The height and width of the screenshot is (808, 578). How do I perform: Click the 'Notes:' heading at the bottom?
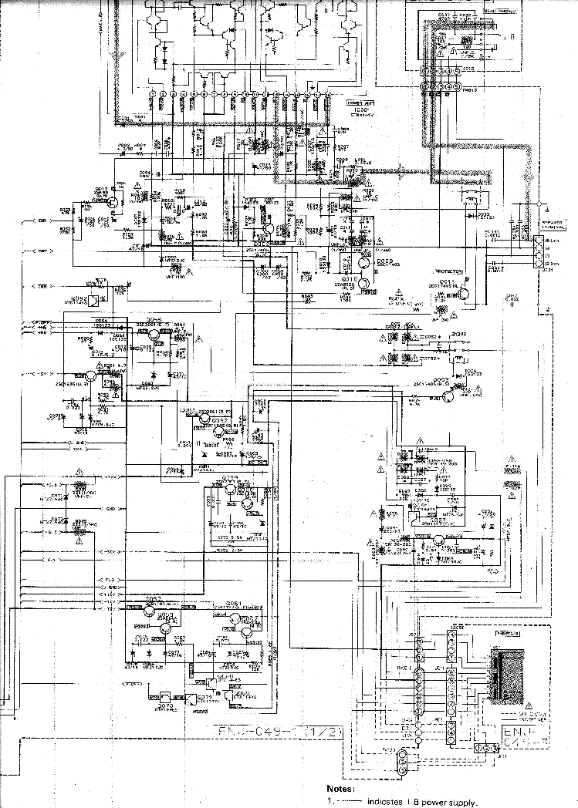(x=341, y=789)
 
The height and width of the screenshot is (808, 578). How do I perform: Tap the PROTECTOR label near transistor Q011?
(x=448, y=273)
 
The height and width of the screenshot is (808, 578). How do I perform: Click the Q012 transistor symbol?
(x=111, y=200)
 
